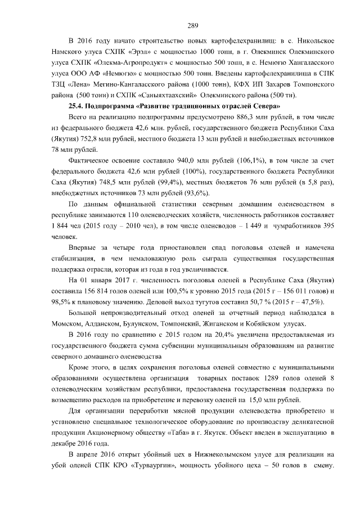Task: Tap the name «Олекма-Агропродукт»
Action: [125, 62]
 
